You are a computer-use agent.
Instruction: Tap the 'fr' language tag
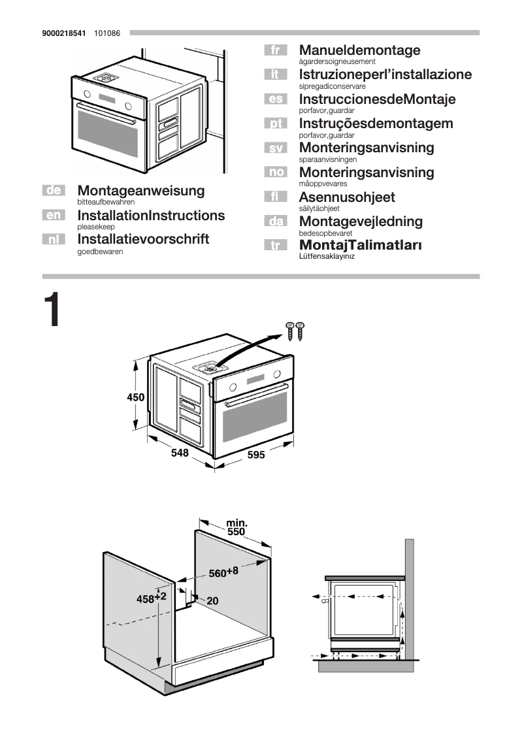tap(275, 50)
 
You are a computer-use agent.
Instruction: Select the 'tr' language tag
tap(275, 246)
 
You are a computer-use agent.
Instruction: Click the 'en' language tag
tap(54, 215)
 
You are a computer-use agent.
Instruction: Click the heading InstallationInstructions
tap(151, 215)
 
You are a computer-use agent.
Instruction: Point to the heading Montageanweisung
tap(140, 191)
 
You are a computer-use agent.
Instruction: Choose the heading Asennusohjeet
tap(346, 197)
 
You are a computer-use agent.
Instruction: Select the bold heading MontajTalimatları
tap(360, 245)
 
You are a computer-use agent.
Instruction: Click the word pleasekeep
tap(96, 226)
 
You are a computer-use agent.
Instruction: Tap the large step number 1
tap(52, 311)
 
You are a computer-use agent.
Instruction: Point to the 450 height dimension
tap(136, 397)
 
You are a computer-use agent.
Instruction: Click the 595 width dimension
tap(255, 455)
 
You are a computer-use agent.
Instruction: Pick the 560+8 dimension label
tap(223, 572)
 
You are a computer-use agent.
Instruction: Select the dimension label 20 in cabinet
tap(212, 601)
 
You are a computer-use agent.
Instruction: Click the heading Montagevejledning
tap(361, 222)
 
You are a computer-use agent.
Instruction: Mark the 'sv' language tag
tap(275, 148)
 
